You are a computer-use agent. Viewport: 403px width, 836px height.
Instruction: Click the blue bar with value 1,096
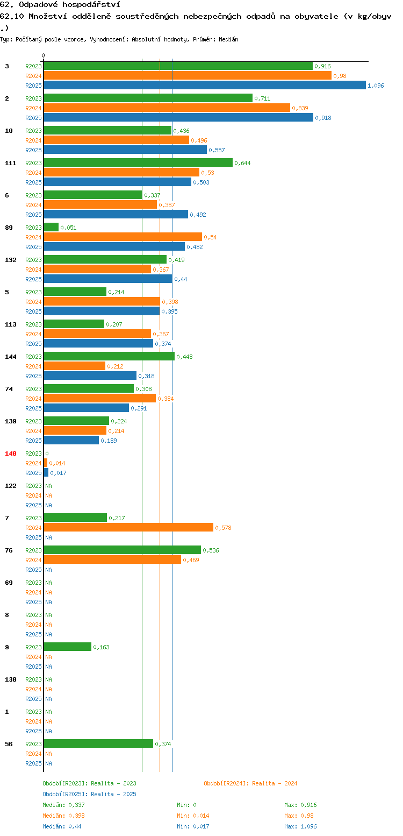click(205, 86)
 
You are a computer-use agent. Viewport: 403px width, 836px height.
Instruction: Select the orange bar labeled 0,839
click(167, 108)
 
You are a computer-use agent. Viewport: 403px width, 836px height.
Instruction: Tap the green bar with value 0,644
click(138, 162)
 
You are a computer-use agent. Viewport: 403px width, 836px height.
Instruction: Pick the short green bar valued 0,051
click(51, 227)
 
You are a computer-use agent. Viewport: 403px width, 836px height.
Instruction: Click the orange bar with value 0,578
click(128, 527)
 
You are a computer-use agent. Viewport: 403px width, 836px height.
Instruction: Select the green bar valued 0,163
click(68, 647)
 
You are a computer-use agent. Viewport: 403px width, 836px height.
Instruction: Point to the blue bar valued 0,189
click(71, 441)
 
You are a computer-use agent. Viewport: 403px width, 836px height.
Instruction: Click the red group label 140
click(10, 454)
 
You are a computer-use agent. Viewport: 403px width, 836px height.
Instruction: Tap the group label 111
click(10, 163)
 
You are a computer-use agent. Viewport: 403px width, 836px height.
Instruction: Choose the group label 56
click(9, 744)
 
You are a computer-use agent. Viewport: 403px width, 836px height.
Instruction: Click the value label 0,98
click(340, 76)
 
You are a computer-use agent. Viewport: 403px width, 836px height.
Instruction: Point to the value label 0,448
click(184, 357)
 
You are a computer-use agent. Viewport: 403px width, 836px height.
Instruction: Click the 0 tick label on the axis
click(43, 55)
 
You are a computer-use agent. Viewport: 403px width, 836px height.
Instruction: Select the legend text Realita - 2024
click(275, 783)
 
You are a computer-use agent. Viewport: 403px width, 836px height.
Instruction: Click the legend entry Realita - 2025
click(113, 794)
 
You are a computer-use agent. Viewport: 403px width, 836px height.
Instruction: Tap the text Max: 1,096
click(300, 826)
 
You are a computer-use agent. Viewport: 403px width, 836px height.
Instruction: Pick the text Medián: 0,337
click(63, 805)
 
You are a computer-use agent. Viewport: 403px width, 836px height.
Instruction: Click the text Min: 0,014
click(193, 816)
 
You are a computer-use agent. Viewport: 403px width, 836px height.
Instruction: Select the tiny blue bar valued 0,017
click(46, 472)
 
